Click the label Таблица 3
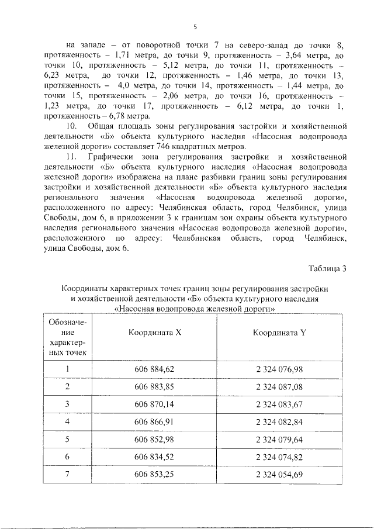coord(327,269)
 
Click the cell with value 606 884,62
coord(154,369)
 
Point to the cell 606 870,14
coord(154,404)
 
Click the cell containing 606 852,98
coord(154,439)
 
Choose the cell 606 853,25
coord(154,473)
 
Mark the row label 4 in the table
coord(68,421)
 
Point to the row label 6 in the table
coord(68,457)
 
